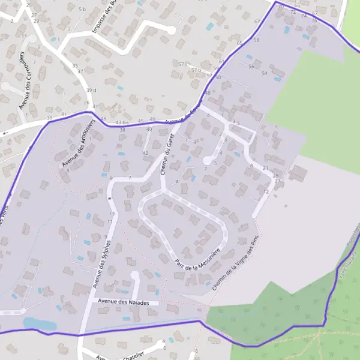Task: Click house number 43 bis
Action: point(122,123)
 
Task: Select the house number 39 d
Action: point(91,91)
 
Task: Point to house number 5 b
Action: point(82,10)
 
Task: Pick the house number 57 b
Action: point(196,70)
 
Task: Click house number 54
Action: point(265,73)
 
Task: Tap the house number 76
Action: point(314,21)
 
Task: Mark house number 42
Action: point(145,153)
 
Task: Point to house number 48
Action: point(208,93)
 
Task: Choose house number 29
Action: point(36,21)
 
